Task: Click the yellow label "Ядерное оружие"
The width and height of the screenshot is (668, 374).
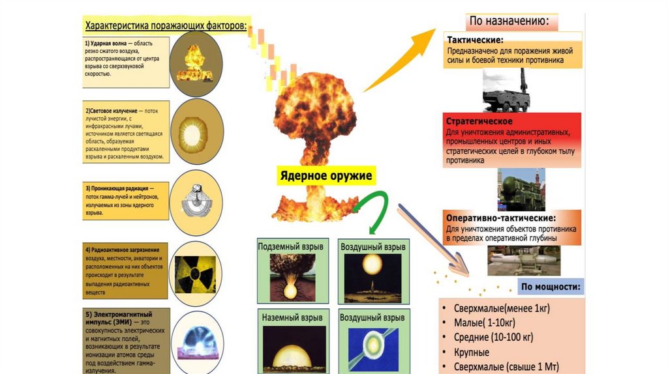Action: (326, 176)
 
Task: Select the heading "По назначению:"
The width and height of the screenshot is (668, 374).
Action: (509, 21)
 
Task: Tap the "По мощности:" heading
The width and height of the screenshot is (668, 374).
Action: (551, 287)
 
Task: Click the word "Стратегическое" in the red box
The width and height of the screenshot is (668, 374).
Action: (479, 122)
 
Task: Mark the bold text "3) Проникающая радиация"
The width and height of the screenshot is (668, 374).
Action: (117, 188)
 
